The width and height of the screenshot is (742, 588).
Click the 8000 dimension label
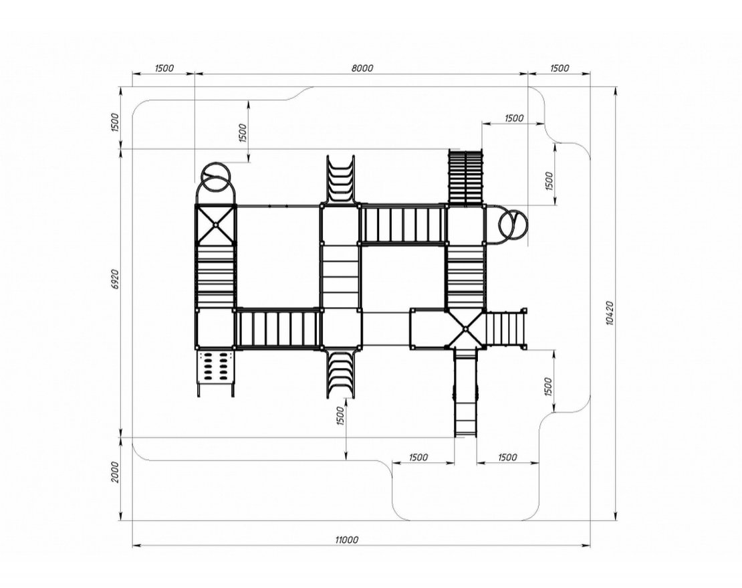click(362, 68)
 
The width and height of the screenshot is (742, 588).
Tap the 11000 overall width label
click(347, 539)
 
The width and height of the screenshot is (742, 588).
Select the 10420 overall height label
click(610, 312)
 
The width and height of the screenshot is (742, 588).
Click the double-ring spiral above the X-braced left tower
click(216, 178)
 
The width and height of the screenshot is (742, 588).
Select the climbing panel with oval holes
click(215, 367)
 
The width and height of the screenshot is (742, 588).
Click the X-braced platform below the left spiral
click(215, 225)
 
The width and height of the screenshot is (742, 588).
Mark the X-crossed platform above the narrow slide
click(465, 328)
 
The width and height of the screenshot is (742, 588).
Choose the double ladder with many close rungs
click(466, 177)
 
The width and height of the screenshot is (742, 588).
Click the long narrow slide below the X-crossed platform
click(465, 393)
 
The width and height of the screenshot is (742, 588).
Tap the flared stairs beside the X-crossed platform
click(506, 328)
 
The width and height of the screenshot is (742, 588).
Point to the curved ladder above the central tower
click(340, 179)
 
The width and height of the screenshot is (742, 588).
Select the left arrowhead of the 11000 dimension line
click(137, 546)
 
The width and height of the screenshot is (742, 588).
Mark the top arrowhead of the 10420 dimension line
click(616, 92)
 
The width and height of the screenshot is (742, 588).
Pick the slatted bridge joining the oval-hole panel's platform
click(278, 328)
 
